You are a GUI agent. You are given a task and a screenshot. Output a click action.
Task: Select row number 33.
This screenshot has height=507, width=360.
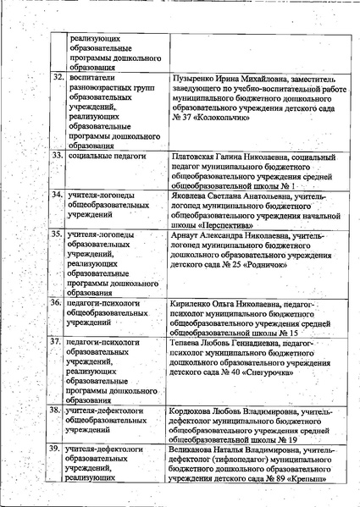[58, 157]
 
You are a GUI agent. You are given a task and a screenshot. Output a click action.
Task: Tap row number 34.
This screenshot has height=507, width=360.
[58, 195]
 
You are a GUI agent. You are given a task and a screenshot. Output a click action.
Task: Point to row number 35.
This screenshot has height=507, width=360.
[58, 233]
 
